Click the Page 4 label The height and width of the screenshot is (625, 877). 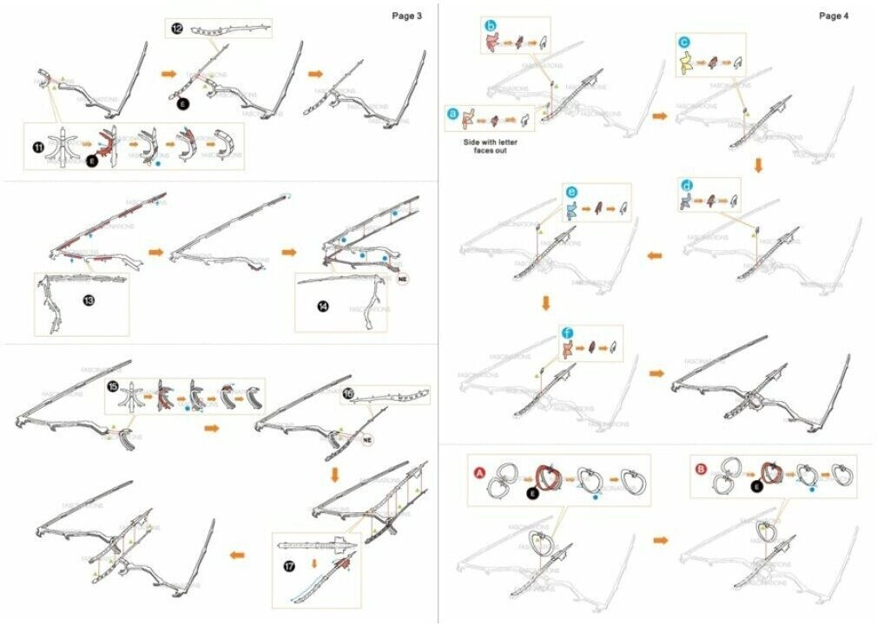coord(834,16)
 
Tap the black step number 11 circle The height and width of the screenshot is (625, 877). coord(38,147)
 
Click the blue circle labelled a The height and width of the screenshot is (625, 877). coord(452,113)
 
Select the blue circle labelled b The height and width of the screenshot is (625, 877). coord(491,28)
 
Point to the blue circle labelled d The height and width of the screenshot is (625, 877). coord(688,186)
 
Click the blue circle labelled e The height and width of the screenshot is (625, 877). coord(570,192)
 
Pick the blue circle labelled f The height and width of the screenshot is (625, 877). coord(567,332)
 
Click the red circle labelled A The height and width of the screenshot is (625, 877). coord(478,473)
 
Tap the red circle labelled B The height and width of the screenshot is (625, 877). coord(700,469)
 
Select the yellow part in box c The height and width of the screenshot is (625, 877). coord(689,62)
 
